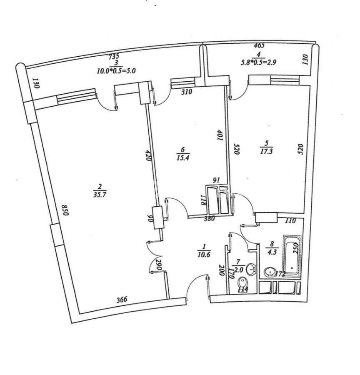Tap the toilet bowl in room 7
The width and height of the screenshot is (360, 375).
coord(242,286)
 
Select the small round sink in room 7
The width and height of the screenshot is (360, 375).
coord(251,270)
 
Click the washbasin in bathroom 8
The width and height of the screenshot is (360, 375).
coord(270,273)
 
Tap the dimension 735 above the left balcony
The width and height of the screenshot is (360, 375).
coord(114,57)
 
